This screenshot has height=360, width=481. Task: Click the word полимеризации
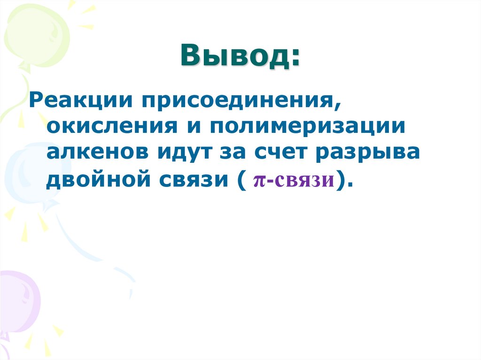pyautogui.click(x=307, y=127)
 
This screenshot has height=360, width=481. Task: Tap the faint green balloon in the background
pyautogui.click(x=35, y=33)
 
